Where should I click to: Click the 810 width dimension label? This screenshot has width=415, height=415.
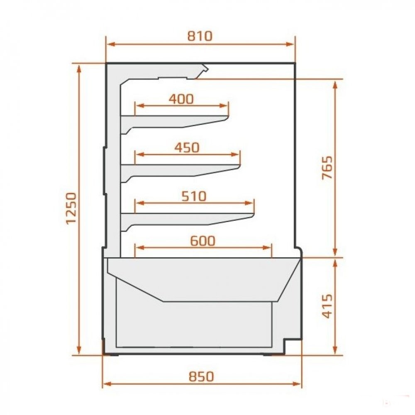point(200,36)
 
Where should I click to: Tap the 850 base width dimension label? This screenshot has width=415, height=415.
point(201,376)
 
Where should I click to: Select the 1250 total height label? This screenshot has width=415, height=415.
point(71,209)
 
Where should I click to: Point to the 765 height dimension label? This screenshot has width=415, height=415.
point(327,168)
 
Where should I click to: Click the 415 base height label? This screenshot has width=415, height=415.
point(327,306)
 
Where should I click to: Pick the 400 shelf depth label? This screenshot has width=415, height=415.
point(181,99)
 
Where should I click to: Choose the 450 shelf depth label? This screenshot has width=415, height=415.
point(187,148)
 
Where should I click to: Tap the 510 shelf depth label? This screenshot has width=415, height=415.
point(194,196)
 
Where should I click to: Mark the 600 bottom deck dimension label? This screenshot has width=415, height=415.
point(203,241)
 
